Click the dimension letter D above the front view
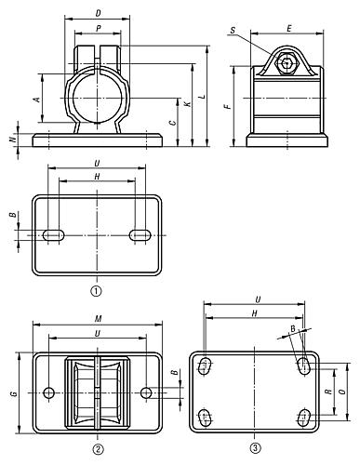tap(98, 13)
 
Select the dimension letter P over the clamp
tap(99, 29)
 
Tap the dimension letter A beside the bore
tap(37, 100)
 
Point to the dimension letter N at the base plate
tap(13, 139)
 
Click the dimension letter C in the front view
tap(173, 122)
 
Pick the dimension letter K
tap(188, 104)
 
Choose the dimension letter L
tap(202, 96)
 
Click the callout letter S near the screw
tap(233, 30)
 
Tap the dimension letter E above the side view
tap(289, 29)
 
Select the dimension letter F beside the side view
tap(228, 107)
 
